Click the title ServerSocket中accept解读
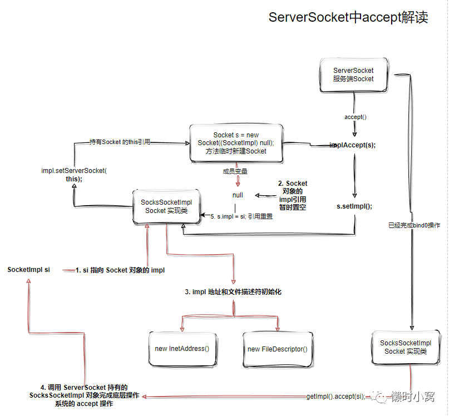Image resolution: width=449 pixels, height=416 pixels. tap(348, 17)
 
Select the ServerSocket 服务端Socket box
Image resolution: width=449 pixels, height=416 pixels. tap(353, 75)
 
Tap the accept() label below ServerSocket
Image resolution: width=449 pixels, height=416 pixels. tap(356, 117)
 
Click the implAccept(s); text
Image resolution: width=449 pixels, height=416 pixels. tap(353, 145)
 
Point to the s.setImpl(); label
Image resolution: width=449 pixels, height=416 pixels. tap(354, 206)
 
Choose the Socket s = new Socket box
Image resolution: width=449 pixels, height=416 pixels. tap(236, 143)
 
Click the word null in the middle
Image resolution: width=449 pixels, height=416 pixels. tap(238, 195)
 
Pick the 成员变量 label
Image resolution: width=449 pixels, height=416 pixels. tap(235, 171)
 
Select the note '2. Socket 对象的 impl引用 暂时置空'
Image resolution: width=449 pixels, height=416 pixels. tap(293, 195)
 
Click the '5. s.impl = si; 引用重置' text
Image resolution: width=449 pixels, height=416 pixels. tap(242, 216)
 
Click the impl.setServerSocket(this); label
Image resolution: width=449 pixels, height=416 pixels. tap(74, 175)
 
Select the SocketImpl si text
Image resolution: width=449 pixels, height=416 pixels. tap(28, 270)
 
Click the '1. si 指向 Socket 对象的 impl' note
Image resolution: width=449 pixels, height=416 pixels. tap(120, 270)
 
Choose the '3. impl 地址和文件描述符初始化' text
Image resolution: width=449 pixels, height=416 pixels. tap(233, 291)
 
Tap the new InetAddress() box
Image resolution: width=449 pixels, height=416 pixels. tap(182, 349)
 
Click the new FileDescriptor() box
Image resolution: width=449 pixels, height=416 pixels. tap(277, 349)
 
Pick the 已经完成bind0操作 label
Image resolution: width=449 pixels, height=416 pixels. tap(414, 225)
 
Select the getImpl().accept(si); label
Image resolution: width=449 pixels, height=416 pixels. tap(335, 396)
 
